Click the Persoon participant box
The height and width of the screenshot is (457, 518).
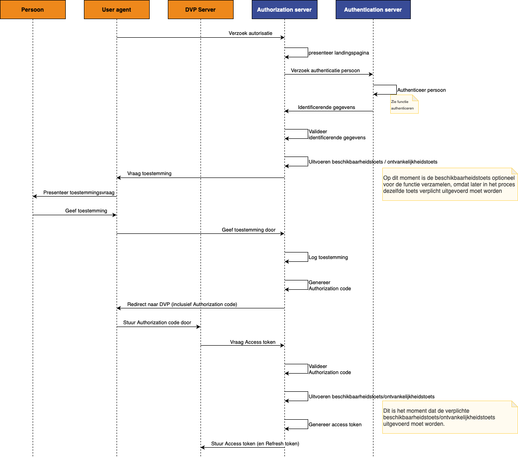(33, 10)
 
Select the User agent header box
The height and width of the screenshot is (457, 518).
(117, 10)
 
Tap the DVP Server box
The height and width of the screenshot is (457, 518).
(200, 10)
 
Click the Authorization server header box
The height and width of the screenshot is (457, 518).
(284, 10)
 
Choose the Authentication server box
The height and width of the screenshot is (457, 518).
(373, 10)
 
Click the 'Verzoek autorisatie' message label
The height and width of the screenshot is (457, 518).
(250, 34)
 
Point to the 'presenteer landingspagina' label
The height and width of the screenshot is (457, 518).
(338, 53)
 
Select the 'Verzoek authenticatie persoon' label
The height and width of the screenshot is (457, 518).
(325, 71)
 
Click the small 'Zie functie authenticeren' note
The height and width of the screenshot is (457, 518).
(404, 104)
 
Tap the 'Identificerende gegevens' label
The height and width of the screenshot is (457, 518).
(326, 107)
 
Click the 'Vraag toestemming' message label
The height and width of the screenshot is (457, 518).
(149, 174)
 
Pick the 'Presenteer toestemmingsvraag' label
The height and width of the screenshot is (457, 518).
(79, 193)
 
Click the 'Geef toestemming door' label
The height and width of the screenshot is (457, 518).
(249, 230)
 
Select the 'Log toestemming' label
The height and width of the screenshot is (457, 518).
(328, 257)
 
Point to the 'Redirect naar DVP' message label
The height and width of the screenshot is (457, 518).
(182, 304)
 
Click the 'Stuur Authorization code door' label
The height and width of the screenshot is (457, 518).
(157, 323)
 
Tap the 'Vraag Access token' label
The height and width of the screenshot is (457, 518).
(253, 342)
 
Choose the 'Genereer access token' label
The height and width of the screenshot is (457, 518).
(335, 425)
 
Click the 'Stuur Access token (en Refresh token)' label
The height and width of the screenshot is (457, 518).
(255, 444)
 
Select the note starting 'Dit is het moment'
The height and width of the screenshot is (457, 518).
(450, 417)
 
